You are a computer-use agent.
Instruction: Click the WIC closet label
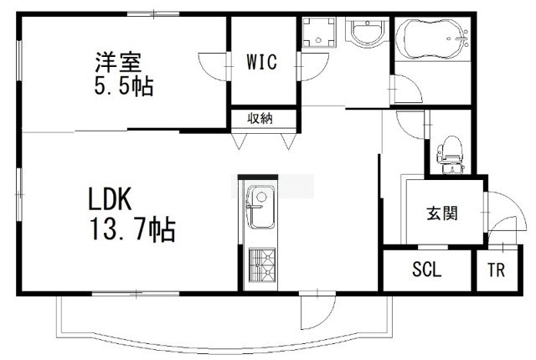261,62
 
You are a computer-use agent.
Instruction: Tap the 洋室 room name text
118,62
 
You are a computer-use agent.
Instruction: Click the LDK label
110,199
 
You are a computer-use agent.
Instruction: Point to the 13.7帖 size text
132,229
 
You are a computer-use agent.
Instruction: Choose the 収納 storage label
260,119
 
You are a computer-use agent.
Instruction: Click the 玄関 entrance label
442,213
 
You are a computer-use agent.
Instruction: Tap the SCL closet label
427,269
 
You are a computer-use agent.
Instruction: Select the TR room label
497,270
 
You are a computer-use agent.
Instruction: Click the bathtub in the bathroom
432,40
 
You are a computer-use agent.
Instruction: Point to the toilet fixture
450,155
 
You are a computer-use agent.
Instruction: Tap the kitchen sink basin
260,207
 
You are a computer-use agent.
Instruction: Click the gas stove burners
262,265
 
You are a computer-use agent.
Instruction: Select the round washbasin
368,33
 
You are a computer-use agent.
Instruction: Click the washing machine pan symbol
319,32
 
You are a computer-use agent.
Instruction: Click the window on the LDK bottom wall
136,293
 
